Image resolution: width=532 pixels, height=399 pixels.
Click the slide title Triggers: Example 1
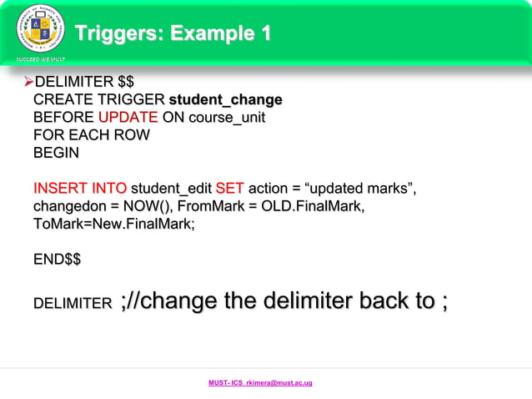click(173, 34)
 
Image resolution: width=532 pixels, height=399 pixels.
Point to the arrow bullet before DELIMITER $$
click(27, 82)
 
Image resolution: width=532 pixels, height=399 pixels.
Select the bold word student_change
click(225, 100)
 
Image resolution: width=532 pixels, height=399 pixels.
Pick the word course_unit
click(227, 118)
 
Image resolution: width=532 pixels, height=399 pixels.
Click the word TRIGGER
click(123, 100)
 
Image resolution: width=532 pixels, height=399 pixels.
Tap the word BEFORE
click(63, 118)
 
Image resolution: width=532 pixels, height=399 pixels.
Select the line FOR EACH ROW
click(92, 135)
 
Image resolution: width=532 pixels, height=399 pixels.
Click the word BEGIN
click(56, 154)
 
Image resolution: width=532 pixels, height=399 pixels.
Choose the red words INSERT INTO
click(80, 189)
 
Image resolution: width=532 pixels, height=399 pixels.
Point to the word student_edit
click(172, 189)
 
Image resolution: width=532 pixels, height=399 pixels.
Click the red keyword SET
click(229, 189)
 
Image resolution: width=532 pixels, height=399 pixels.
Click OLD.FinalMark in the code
click(319, 206)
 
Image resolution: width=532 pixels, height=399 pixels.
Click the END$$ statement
click(57, 260)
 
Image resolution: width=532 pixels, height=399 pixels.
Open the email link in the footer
click(260, 383)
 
